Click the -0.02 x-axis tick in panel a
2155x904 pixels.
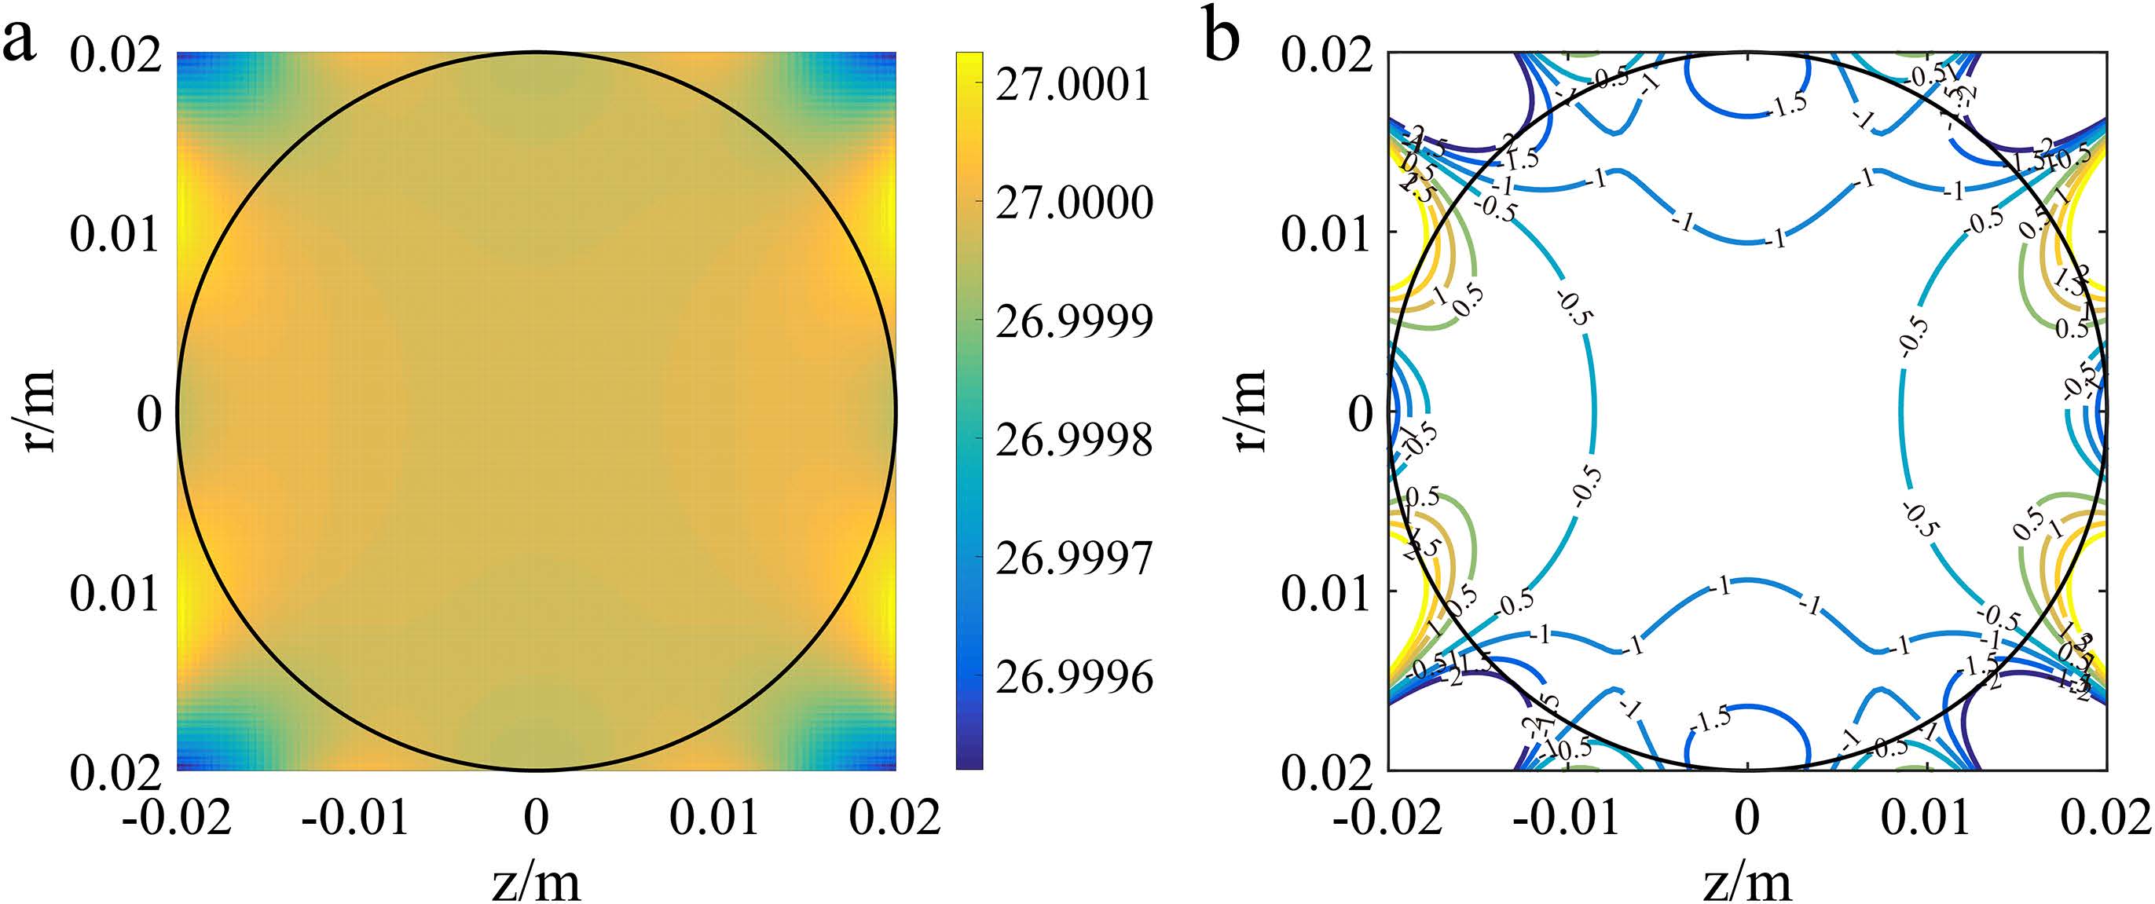point(177,817)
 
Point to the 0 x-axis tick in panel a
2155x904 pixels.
point(537,817)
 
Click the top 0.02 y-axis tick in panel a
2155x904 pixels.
point(115,56)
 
